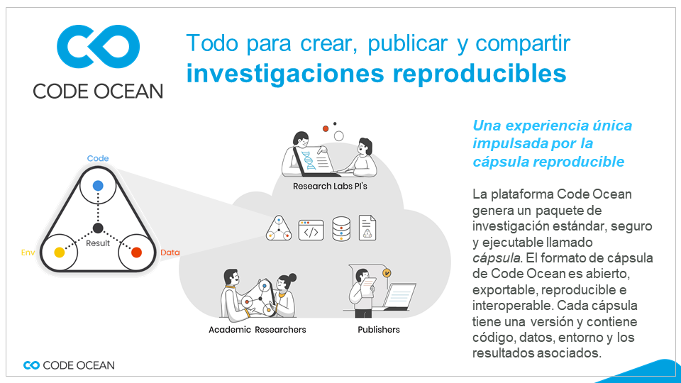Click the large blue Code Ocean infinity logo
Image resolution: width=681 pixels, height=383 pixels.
pyautogui.click(x=98, y=47)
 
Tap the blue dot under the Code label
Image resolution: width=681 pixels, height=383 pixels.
pyautogui.click(x=98, y=185)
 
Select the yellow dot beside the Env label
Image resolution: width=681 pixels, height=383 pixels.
pyautogui.click(x=60, y=252)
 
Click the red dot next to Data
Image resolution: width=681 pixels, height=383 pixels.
pyautogui.click(x=136, y=252)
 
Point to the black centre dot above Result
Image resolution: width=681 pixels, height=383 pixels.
pyautogui.click(x=98, y=228)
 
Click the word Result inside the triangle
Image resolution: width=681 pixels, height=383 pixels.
pyautogui.click(x=98, y=243)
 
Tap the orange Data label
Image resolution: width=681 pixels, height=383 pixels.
pyautogui.click(x=170, y=252)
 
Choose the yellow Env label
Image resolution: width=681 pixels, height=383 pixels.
pyautogui.click(x=28, y=252)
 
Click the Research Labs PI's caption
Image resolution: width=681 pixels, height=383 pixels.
pyautogui.click(x=330, y=187)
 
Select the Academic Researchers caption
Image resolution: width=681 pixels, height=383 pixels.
pyautogui.click(x=257, y=330)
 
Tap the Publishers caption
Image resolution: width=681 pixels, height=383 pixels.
pyautogui.click(x=379, y=330)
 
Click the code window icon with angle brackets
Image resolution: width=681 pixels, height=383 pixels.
pyautogui.click(x=311, y=230)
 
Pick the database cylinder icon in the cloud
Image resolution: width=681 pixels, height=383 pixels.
pyautogui.click(x=341, y=229)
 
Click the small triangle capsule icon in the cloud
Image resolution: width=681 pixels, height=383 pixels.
pyautogui.click(x=278, y=228)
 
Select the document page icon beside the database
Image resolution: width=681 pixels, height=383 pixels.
pyautogui.click(x=367, y=228)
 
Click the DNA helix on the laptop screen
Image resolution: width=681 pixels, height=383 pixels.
pyautogui.click(x=309, y=160)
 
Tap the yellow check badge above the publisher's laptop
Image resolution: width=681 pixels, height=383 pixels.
pyautogui.click(x=387, y=272)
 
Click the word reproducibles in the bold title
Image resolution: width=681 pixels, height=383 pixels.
pyautogui.click(x=480, y=73)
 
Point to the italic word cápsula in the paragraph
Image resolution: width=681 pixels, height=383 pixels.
pyautogui.click(x=497, y=258)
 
